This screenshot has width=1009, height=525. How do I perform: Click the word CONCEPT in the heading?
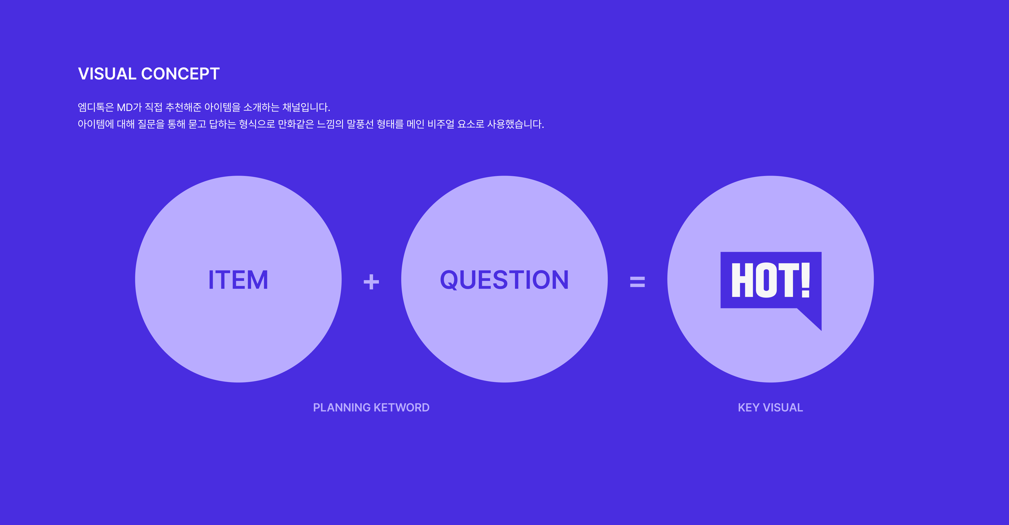pos(180,74)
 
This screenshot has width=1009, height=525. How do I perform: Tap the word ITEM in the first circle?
pos(238,280)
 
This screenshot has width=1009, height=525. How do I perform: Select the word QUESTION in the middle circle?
pos(504,280)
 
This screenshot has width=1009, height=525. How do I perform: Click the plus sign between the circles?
pos(371,282)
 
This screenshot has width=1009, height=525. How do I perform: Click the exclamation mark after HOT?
pos(805,280)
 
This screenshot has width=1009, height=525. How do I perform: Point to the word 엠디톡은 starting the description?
pos(96,107)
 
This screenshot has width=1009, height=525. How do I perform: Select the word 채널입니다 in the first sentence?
pos(306,107)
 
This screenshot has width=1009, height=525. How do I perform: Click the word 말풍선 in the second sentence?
pos(360,124)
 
